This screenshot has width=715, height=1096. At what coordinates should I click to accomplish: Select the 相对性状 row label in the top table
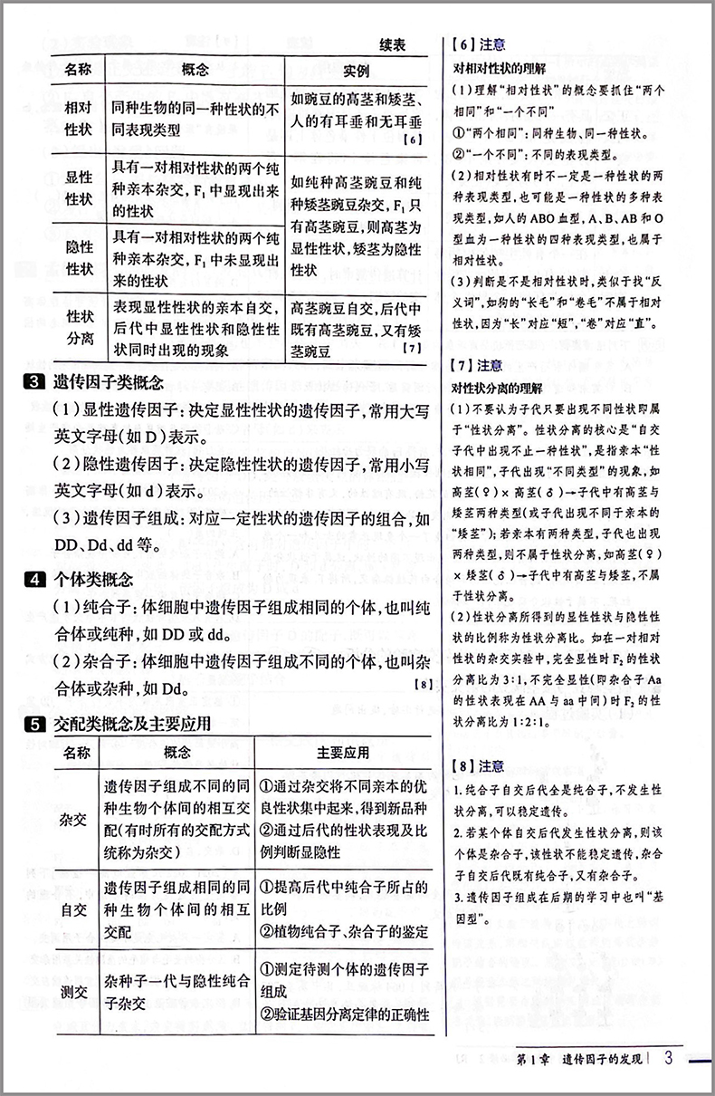click(80, 119)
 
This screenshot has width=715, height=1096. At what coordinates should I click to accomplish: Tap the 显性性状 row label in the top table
click(80, 187)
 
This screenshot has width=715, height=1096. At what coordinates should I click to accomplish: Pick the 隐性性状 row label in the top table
click(80, 257)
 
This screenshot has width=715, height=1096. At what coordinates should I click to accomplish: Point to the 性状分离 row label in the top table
click(80, 326)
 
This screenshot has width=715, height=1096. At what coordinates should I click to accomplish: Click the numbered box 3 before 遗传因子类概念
click(33, 382)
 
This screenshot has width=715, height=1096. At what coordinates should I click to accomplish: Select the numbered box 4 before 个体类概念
click(33, 579)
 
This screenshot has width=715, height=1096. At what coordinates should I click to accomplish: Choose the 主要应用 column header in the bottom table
click(343, 753)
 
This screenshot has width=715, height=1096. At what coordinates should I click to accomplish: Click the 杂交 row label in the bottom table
click(74, 821)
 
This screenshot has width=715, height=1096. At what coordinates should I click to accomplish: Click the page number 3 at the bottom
click(668, 1059)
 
